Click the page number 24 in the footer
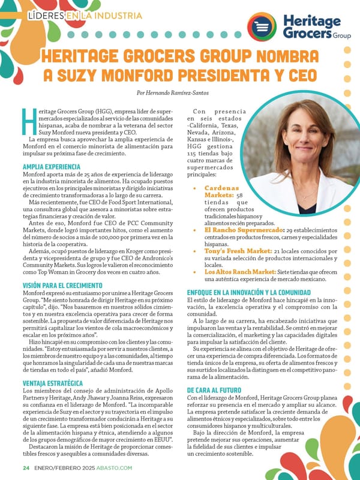point(26,467)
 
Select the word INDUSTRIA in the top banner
point(113,14)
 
